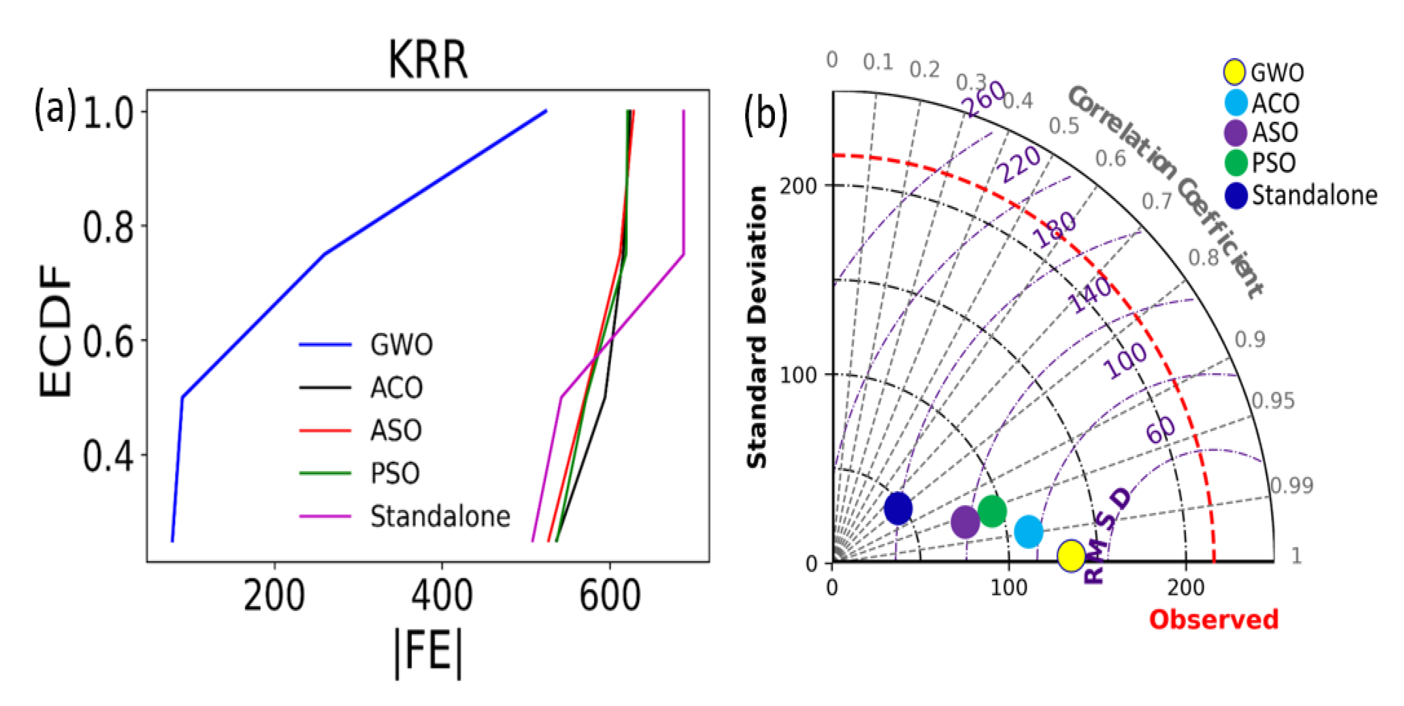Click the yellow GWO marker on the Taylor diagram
tap(1070, 556)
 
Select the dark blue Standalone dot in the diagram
tap(898, 508)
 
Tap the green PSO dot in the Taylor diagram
tap(992, 511)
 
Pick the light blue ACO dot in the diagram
tap(1028, 531)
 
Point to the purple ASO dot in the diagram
tap(965, 522)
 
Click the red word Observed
tap(1213, 620)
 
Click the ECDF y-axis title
tap(54, 331)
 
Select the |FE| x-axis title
tap(428, 652)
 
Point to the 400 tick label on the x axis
tap(441, 596)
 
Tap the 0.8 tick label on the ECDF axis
tap(108, 227)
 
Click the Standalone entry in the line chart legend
tap(440, 516)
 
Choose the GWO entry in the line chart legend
tap(401, 344)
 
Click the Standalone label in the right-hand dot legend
tap(1314, 195)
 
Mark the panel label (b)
tap(765, 115)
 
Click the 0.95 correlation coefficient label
tap(1272, 401)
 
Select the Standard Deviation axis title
tap(757, 327)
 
